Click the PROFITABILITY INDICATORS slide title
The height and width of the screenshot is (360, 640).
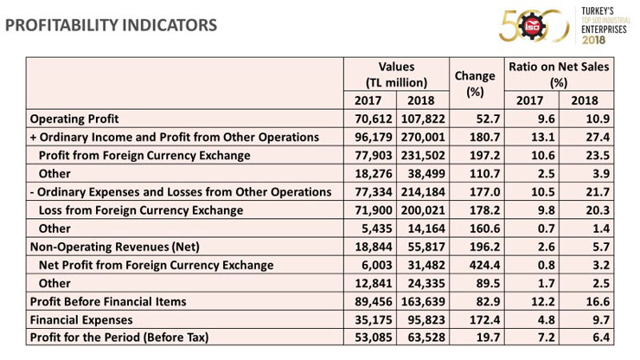tap(111, 25)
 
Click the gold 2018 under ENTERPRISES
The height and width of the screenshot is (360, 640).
tap(593, 40)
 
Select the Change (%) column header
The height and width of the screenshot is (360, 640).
tap(475, 84)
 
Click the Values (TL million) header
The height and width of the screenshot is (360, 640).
tap(396, 74)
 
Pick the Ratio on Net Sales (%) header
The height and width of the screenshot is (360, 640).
tap(559, 74)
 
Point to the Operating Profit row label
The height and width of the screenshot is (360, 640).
tap(74, 119)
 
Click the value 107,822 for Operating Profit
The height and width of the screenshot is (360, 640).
tap(423, 119)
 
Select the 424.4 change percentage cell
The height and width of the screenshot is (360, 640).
tap(484, 265)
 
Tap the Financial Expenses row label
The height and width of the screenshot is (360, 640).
tap(81, 320)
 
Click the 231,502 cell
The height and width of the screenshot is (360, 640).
tap(423, 156)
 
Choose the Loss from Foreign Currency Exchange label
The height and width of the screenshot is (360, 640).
tap(141, 210)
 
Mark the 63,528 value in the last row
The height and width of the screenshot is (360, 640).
tap(426, 337)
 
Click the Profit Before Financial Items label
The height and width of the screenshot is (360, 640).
tap(108, 301)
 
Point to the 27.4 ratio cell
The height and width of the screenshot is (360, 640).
tap(598, 138)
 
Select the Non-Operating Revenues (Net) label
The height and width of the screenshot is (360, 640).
tap(115, 247)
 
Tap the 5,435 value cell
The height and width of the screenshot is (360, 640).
tap(377, 228)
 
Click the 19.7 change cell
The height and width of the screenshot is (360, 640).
tap(488, 337)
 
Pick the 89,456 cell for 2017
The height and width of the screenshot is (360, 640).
tap(374, 301)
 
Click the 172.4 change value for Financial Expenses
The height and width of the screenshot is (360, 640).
tap(484, 320)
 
